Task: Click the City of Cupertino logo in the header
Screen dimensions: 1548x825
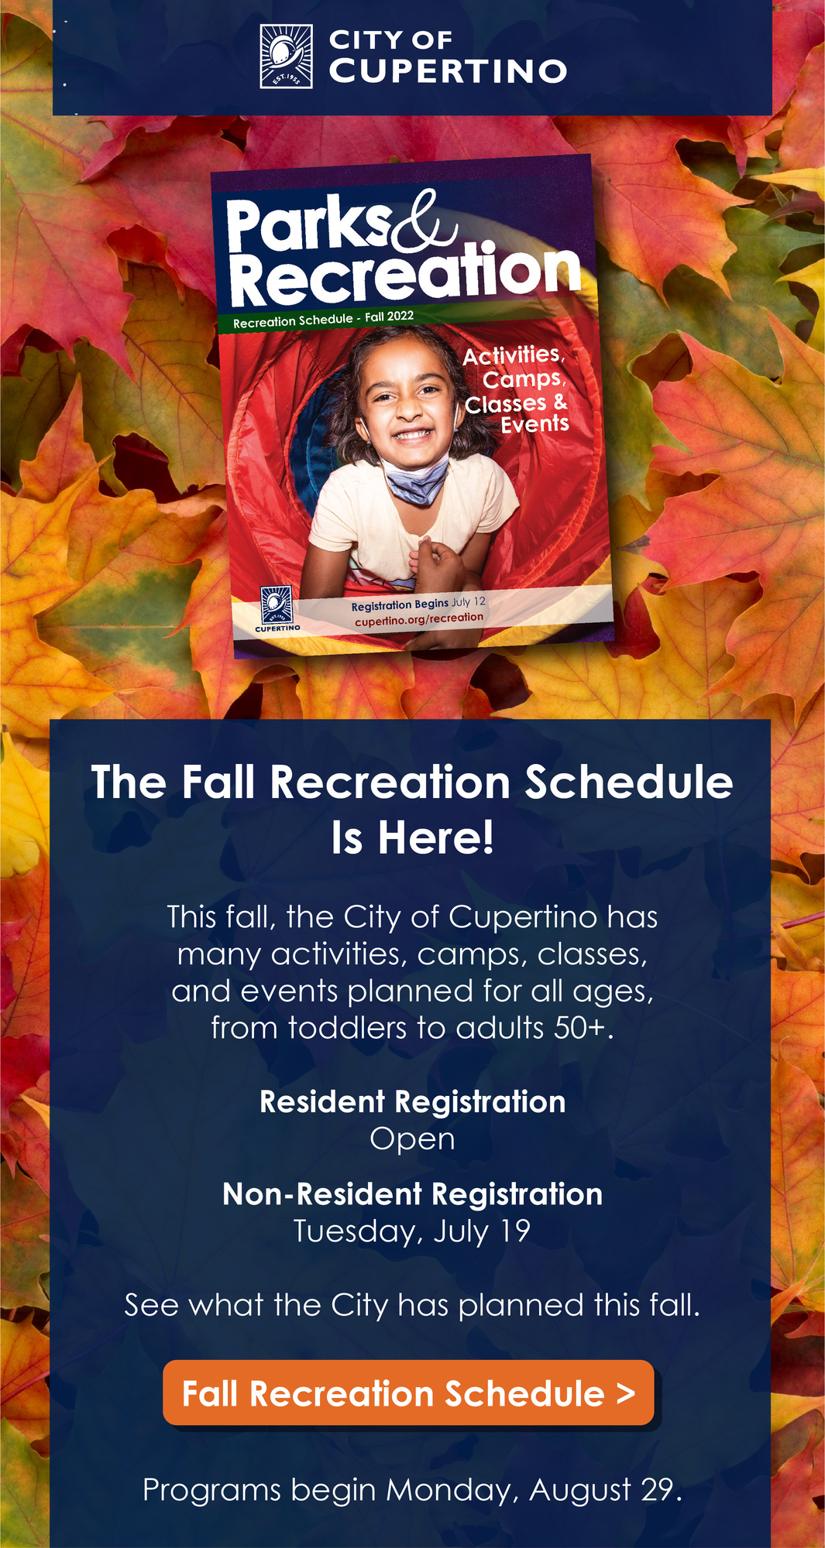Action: [286, 56]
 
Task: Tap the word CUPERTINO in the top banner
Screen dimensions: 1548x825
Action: [448, 71]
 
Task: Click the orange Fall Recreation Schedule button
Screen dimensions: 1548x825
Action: [408, 1394]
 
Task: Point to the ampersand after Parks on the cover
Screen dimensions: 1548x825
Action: [423, 225]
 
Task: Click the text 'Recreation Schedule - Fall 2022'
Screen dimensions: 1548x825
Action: [323, 319]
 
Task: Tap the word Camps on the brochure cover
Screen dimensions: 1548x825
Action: [524, 379]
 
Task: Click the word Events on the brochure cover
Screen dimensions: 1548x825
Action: [535, 424]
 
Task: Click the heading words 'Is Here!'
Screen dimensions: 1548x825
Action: [412, 837]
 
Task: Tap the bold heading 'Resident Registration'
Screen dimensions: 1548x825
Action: [412, 1101]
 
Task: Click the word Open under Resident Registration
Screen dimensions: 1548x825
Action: [412, 1139]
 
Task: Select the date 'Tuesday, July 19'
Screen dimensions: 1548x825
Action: [412, 1231]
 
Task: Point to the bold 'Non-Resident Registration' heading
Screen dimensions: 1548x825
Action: [412, 1194]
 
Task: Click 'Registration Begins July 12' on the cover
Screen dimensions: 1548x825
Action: [418, 603]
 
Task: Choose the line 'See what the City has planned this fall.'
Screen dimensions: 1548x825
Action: [412, 1305]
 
